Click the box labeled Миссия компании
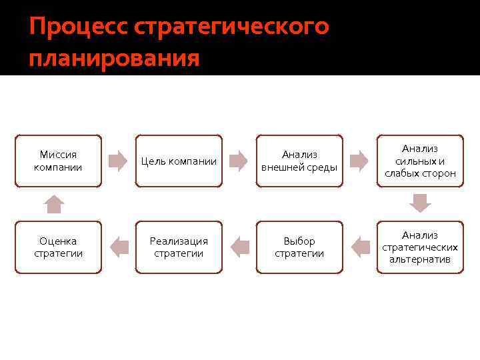(x=58, y=161)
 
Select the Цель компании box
(x=179, y=161)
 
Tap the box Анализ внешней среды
(x=299, y=161)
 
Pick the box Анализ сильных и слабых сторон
(x=420, y=161)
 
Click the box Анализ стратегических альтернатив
(x=420, y=247)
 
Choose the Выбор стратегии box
(x=299, y=247)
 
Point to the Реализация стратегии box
(x=179, y=247)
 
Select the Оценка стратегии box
(x=58, y=247)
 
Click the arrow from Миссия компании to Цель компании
(x=118, y=161)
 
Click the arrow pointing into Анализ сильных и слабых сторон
(x=359, y=161)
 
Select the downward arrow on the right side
(x=420, y=203)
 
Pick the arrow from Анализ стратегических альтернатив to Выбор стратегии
(x=360, y=247)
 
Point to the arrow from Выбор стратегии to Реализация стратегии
(x=240, y=247)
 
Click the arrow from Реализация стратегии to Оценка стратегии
(x=119, y=247)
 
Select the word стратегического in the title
(x=231, y=27)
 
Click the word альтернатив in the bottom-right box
(x=420, y=259)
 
